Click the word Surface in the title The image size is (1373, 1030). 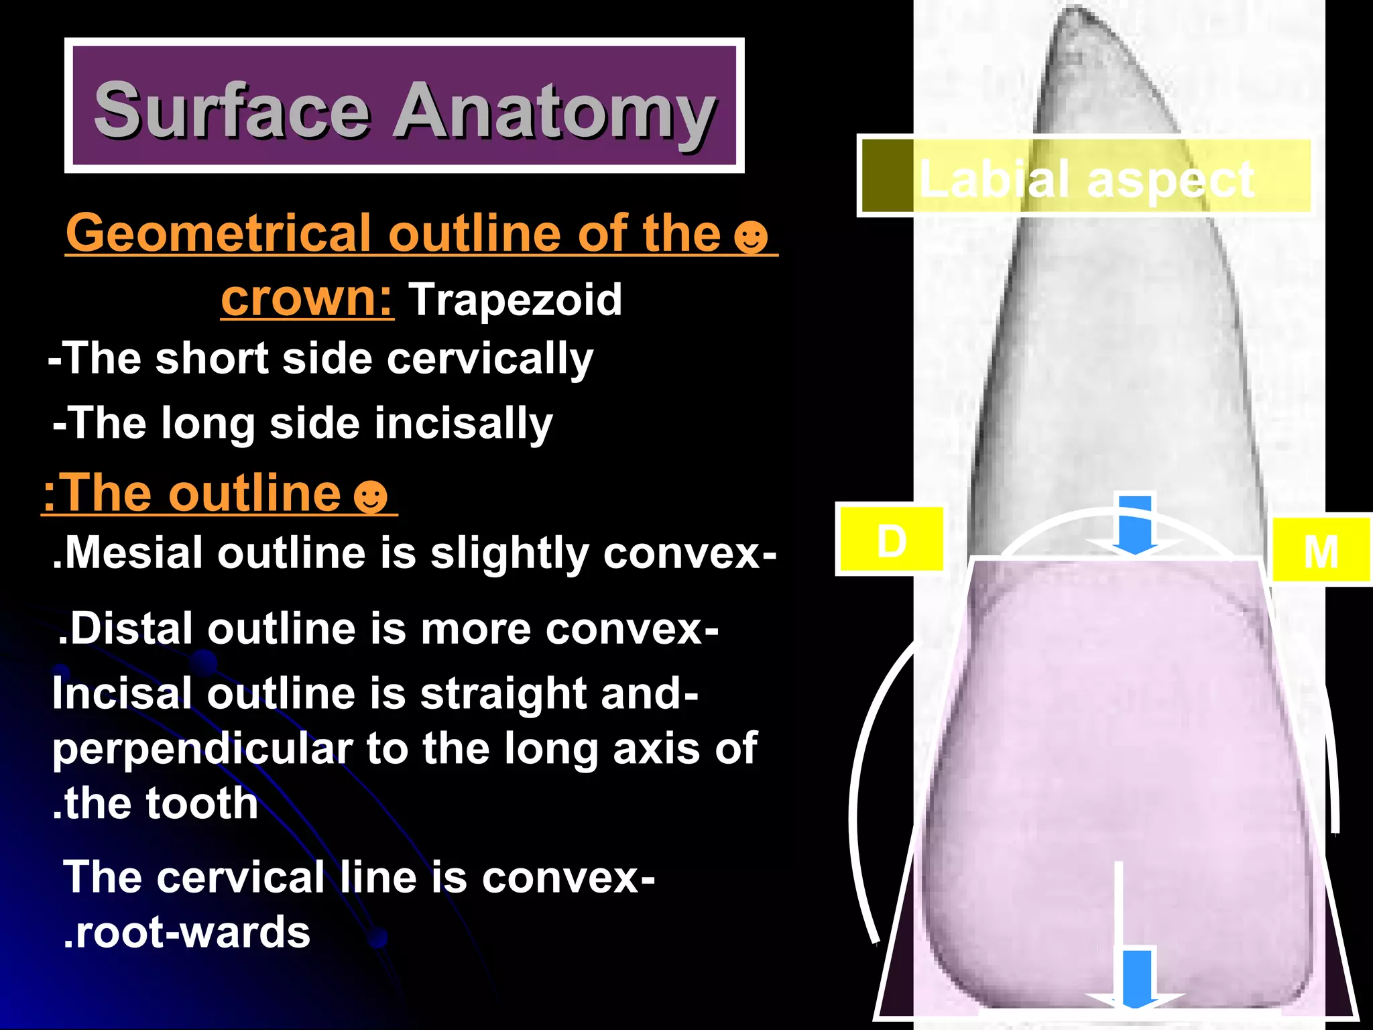[x=231, y=110]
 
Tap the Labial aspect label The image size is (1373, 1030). [x=1086, y=178]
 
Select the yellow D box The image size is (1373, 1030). [x=891, y=540]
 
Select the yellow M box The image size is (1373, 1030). [x=1320, y=550]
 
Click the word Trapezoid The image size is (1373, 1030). [x=515, y=299]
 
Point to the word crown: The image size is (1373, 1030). [x=307, y=298]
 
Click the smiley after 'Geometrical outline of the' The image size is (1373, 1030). [x=750, y=236]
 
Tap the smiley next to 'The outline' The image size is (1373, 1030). [x=370, y=496]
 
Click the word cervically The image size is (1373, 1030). [x=489, y=359]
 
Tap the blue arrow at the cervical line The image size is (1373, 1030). [x=1134, y=526]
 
